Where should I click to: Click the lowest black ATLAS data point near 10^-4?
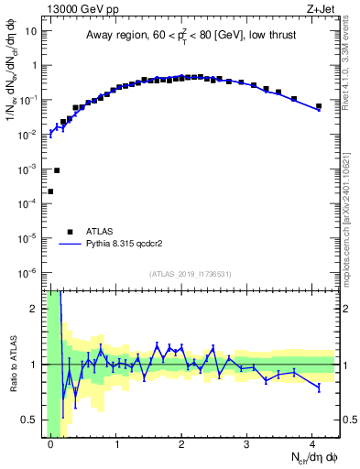[50, 191]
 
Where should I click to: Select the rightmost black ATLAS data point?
[319, 106]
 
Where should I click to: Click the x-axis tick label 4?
[312, 443]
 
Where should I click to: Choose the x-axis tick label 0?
[50, 443]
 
